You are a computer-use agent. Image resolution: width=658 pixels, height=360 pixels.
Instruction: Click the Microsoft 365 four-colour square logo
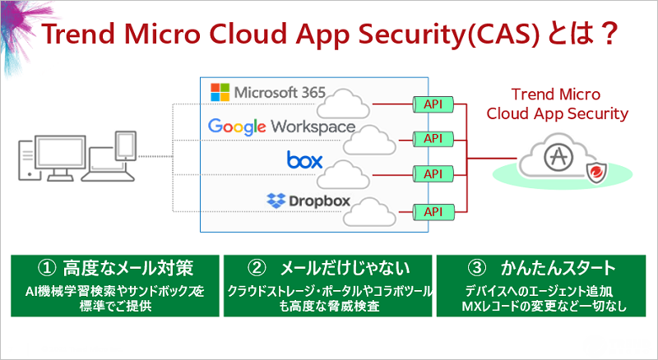click(x=220, y=92)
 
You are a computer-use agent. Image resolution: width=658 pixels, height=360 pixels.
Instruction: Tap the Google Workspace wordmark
click(x=281, y=127)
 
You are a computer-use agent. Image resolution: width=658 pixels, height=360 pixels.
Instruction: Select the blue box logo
click(x=304, y=159)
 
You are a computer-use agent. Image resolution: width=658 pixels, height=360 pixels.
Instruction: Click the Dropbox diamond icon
click(x=276, y=201)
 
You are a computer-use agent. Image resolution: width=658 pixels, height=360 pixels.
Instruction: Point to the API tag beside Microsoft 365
click(x=433, y=104)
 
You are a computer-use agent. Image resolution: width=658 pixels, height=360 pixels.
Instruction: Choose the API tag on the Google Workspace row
click(x=433, y=139)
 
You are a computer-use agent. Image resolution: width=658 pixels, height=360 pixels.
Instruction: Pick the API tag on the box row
click(x=433, y=173)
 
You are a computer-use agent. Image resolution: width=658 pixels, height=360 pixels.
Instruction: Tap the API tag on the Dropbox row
click(x=433, y=212)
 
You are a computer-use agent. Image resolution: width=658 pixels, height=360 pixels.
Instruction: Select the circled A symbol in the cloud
click(x=558, y=156)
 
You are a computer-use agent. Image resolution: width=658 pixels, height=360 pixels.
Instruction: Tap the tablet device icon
click(x=126, y=146)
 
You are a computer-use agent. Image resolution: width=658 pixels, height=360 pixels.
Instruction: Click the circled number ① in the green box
click(x=47, y=269)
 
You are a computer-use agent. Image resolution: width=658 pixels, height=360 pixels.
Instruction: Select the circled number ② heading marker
click(x=257, y=269)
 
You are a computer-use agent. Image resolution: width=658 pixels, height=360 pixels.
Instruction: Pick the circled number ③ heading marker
click(x=477, y=269)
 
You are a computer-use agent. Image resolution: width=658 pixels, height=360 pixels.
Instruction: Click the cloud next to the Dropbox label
click(x=369, y=212)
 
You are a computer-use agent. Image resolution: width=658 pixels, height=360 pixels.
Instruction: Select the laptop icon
click(x=108, y=164)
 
